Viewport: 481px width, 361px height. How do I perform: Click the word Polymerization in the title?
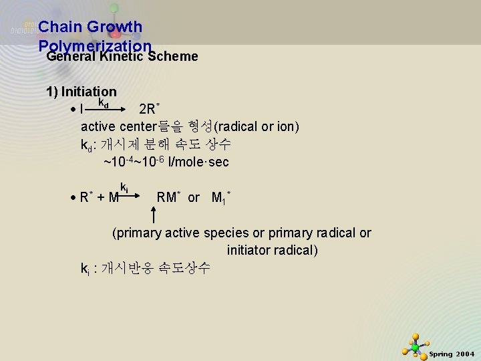coord(95,45)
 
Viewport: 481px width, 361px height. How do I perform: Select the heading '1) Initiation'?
coord(81,92)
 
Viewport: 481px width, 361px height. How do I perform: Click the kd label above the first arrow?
coord(104,103)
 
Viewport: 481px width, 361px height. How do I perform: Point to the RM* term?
coord(168,197)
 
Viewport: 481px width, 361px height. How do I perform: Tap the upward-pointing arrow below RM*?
coord(155,215)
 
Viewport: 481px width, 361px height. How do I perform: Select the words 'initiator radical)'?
coord(273,251)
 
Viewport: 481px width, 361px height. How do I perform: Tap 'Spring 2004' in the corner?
coord(452,354)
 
